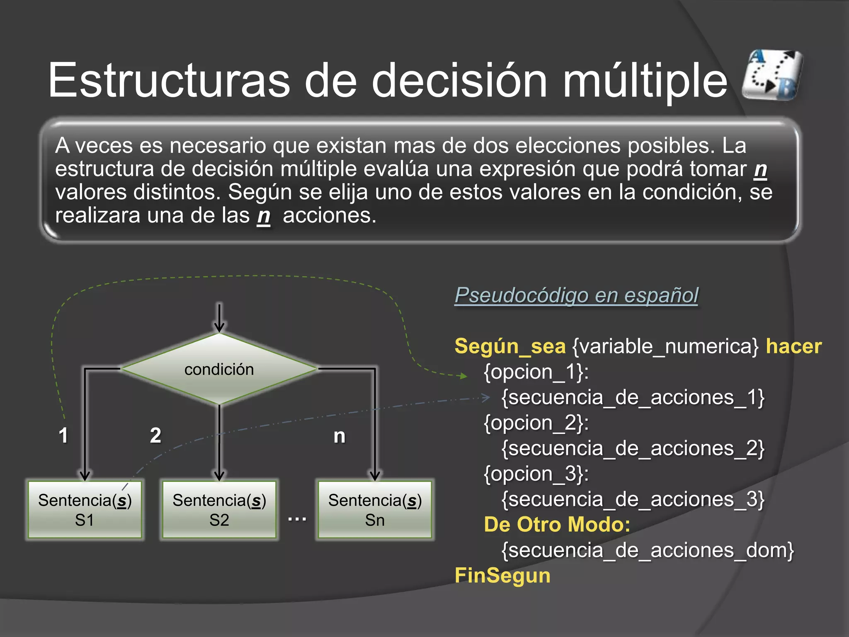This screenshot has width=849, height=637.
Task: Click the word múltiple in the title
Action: click(x=645, y=81)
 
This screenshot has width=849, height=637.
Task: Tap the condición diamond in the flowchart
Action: click(x=219, y=369)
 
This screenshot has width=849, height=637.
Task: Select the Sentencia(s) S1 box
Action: click(x=85, y=510)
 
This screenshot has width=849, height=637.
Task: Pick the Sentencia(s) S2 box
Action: click(x=219, y=510)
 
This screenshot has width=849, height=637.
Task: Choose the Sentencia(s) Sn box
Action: click(x=375, y=510)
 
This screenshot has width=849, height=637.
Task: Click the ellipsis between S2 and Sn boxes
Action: click(x=297, y=518)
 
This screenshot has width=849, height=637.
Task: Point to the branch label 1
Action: click(x=63, y=435)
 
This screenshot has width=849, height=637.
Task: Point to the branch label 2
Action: click(x=155, y=435)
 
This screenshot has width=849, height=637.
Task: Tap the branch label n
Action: click(x=340, y=436)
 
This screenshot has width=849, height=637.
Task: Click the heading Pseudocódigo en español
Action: click(x=576, y=295)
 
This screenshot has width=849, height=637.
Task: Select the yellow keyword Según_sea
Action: click(x=510, y=346)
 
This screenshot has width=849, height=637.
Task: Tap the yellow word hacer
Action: click(x=793, y=346)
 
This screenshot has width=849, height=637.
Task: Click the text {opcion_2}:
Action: click(x=536, y=423)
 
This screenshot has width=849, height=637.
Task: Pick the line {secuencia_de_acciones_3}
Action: click(x=633, y=499)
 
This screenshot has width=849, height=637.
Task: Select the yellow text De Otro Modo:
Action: click(x=557, y=525)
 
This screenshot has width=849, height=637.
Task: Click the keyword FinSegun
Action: click(x=502, y=576)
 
